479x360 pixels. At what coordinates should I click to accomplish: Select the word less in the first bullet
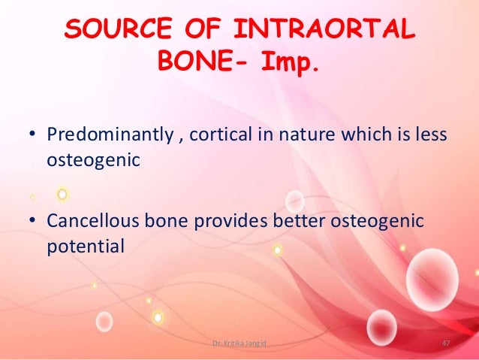click(x=432, y=135)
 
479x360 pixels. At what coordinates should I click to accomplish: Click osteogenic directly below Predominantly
click(x=85, y=160)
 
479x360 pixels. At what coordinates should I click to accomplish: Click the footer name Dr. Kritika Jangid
click(x=239, y=343)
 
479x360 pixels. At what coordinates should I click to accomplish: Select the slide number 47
click(x=445, y=343)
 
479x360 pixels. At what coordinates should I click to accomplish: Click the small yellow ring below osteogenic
click(x=62, y=194)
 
